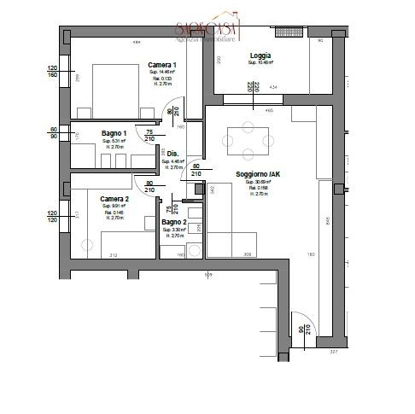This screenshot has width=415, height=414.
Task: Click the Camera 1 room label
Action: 161,66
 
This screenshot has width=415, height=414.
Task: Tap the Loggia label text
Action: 260,56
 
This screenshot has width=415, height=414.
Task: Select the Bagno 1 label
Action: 114,134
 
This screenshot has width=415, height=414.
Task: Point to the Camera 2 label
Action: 114,199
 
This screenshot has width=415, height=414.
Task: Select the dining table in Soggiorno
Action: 248,141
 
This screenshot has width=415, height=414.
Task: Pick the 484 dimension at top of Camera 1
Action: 135,43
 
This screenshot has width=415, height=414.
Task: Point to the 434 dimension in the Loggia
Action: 273,88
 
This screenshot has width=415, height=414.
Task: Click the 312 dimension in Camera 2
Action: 113,254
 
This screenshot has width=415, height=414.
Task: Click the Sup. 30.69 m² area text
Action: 258,182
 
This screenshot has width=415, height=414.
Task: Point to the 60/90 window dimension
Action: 52,132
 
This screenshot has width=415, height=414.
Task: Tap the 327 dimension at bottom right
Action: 334,350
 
